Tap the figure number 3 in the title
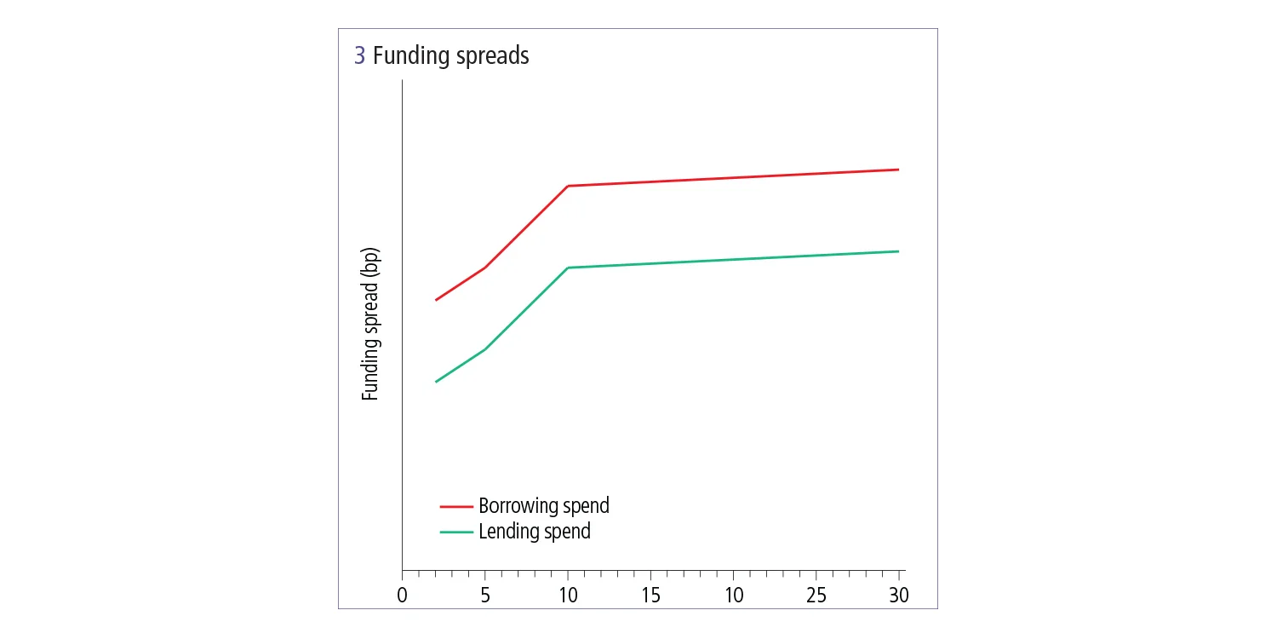tap(360, 56)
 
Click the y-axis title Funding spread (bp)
tap(369, 325)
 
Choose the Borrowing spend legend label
tap(543, 505)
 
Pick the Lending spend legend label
tap(534, 532)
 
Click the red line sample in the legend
tap(455, 506)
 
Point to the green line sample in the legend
tap(455, 532)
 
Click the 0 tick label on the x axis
tap(403, 595)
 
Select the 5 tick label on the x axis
tap(485, 595)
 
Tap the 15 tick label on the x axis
tap(650, 595)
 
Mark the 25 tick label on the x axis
tap(816, 595)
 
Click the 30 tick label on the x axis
tap(898, 595)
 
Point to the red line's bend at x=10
tap(568, 186)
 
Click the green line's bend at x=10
tap(568, 268)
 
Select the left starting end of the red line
tap(436, 300)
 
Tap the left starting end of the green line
tap(436, 382)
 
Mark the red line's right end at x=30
tap(898, 170)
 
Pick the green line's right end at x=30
tap(898, 251)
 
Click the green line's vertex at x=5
tap(485, 349)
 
